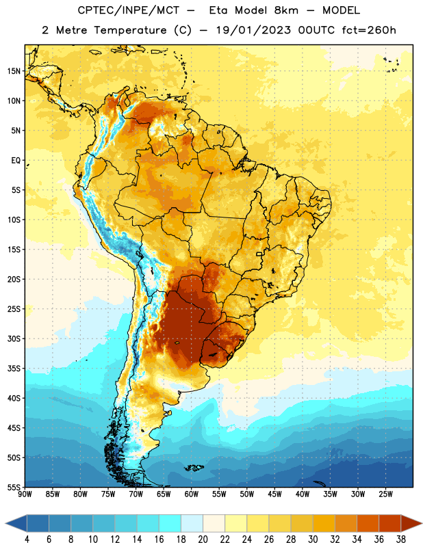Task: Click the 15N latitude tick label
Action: [x=14, y=71]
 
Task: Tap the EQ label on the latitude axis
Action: [x=16, y=161]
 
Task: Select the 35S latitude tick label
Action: [x=14, y=369]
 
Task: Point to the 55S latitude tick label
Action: [x=14, y=487]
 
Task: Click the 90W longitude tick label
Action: [x=25, y=494]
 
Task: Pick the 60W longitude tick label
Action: [x=192, y=494]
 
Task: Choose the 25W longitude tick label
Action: [x=385, y=494]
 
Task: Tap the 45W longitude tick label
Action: [x=274, y=494]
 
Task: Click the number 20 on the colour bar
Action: [x=203, y=539]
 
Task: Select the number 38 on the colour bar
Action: [x=401, y=539]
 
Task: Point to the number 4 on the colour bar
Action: [x=27, y=539]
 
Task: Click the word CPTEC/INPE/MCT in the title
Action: [x=128, y=10]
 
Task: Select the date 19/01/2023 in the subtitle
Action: [x=253, y=30]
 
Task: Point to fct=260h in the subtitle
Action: [x=369, y=30]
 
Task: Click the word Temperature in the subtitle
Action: [x=131, y=30]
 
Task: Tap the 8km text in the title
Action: [x=286, y=10]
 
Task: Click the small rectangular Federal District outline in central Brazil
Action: [x=259, y=254]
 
